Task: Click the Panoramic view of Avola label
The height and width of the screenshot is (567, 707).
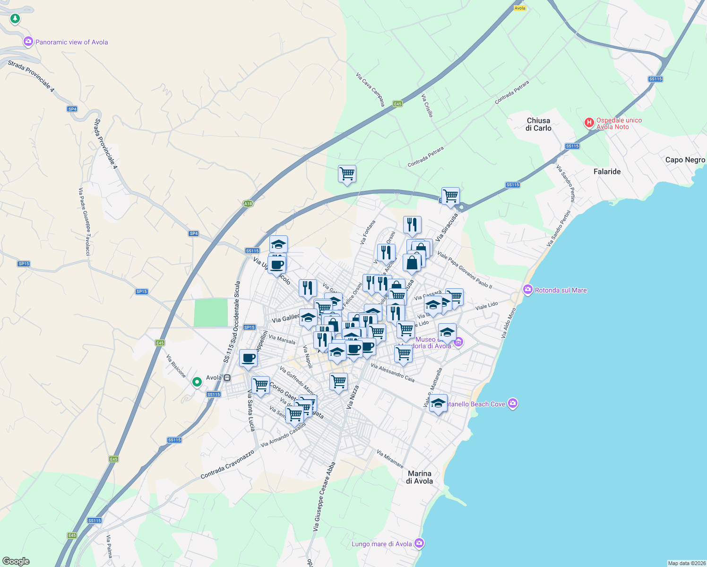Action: tap(71, 42)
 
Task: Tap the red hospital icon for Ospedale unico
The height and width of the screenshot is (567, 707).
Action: tap(589, 123)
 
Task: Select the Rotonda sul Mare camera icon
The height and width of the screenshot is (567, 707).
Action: tap(528, 290)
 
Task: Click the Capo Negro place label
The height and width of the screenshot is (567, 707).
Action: tap(685, 160)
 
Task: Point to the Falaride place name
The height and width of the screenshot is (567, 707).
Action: tap(607, 172)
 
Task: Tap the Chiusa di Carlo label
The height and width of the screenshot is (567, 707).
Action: tap(538, 124)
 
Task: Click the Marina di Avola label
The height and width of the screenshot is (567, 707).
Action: tap(420, 477)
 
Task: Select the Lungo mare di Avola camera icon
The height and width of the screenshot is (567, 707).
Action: tap(419, 543)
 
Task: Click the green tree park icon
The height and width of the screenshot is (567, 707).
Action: tap(15, 18)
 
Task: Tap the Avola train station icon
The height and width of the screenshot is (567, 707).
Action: tap(227, 378)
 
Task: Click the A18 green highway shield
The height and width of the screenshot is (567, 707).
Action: tap(248, 204)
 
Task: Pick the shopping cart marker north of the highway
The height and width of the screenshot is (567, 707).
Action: tap(347, 174)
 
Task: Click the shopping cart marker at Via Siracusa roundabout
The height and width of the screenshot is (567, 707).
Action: tap(450, 196)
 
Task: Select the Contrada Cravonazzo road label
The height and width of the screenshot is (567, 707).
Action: tap(227, 464)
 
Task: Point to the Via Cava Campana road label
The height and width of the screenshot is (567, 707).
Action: tap(371, 89)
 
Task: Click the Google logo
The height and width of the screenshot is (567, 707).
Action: tap(16, 561)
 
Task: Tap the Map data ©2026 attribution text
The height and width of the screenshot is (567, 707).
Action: tap(686, 563)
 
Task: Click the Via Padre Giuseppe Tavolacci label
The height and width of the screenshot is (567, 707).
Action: tap(84, 222)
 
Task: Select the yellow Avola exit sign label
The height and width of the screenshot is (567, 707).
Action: tap(520, 8)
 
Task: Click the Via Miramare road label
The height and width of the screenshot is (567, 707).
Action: tap(390, 459)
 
